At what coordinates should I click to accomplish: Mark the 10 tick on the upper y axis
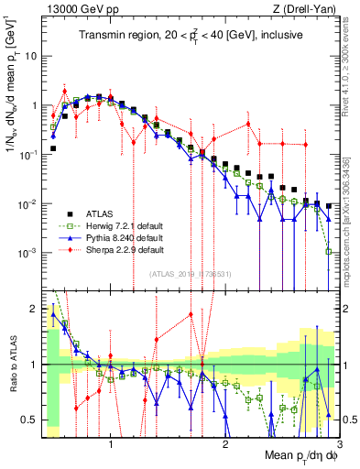pos(30,56)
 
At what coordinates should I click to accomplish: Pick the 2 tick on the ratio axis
pos(35,309)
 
